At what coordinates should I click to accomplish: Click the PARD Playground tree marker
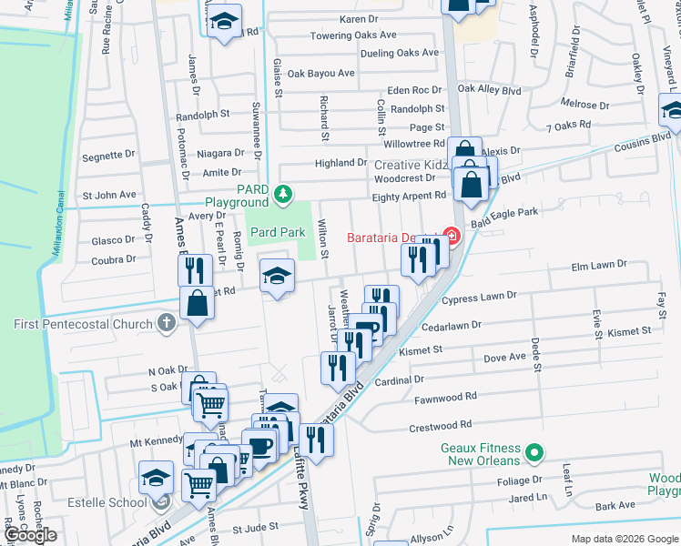pyautogui.click(x=284, y=193)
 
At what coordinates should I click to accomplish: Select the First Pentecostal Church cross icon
pyautogui.click(x=165, y=324)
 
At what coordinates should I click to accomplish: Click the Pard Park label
pyautogui.click(x=278, y=232)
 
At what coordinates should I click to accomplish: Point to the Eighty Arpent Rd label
pyautogui.click(x=409, y=195)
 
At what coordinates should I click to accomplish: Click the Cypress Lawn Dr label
pyautogui.click(x=479, y=297)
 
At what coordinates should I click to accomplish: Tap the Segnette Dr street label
pyautogui.click(x=108, y=156)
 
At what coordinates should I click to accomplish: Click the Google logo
pyautogui.click(x=30, y=536)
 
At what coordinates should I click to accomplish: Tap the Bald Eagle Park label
pyautogui.click(x=505, y=212)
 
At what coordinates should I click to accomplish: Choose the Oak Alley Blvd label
pyautogui.click(x=489, y=90)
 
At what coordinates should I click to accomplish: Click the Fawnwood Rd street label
pyautogui.click(x=445, y=397)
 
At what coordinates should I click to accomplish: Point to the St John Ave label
pyautogui.click(x=109, y=195)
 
